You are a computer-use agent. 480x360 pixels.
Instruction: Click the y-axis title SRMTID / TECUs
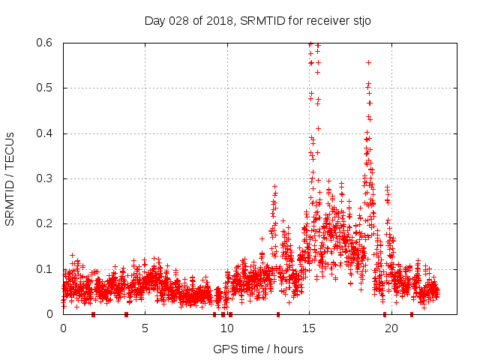tap(10, 179)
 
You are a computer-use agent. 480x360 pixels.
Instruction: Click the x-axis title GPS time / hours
tap(258, 349)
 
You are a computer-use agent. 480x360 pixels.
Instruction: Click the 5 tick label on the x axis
tap(145, 328)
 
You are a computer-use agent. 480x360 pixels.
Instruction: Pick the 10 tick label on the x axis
tap(226, 328)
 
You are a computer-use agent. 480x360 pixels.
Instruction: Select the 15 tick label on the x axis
tap(308, 328)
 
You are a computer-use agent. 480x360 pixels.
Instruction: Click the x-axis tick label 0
tap(63, 328)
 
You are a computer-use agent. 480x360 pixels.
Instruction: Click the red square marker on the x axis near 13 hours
tap(278, 314)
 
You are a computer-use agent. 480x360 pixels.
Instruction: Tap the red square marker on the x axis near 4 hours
tap(126, 314)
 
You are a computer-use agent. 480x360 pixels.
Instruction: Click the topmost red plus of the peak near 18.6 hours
tap(368, 62)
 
